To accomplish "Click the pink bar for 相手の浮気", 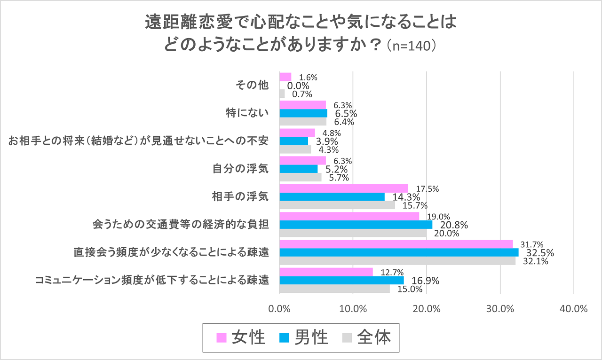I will pyautogui.click(x=344, y=188).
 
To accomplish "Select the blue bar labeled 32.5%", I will pyautogui.click(x=399, y=252).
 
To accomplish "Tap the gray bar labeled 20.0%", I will pyautogui.click(x=353, y=233).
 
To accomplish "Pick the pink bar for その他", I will pyautogui.click(x=285, y=77).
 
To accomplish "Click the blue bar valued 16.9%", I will pyautogui.click(x=341, y=281).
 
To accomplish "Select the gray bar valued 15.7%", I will pyautogui.click(x=337, y=205).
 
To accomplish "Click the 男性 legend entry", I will pyautogui.click(x=304, y=337).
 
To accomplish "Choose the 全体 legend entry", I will pyautogui.click(x=366, y=337).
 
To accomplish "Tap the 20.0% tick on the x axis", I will pyautogui.click(x=427, y=309).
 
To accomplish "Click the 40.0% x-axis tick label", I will pyautogui.click(x=574, y=309).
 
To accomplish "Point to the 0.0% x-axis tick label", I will pyautogui.click(x=279, y=309).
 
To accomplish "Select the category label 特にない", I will pyautogui.click(x=247, y=113).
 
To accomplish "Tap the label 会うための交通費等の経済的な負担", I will pyautogui.click(x=181, y=225).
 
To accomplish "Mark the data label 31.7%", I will pyautogui.click(x=532, y=244).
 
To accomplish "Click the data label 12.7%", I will pyautogui.click(x=392, y=272).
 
